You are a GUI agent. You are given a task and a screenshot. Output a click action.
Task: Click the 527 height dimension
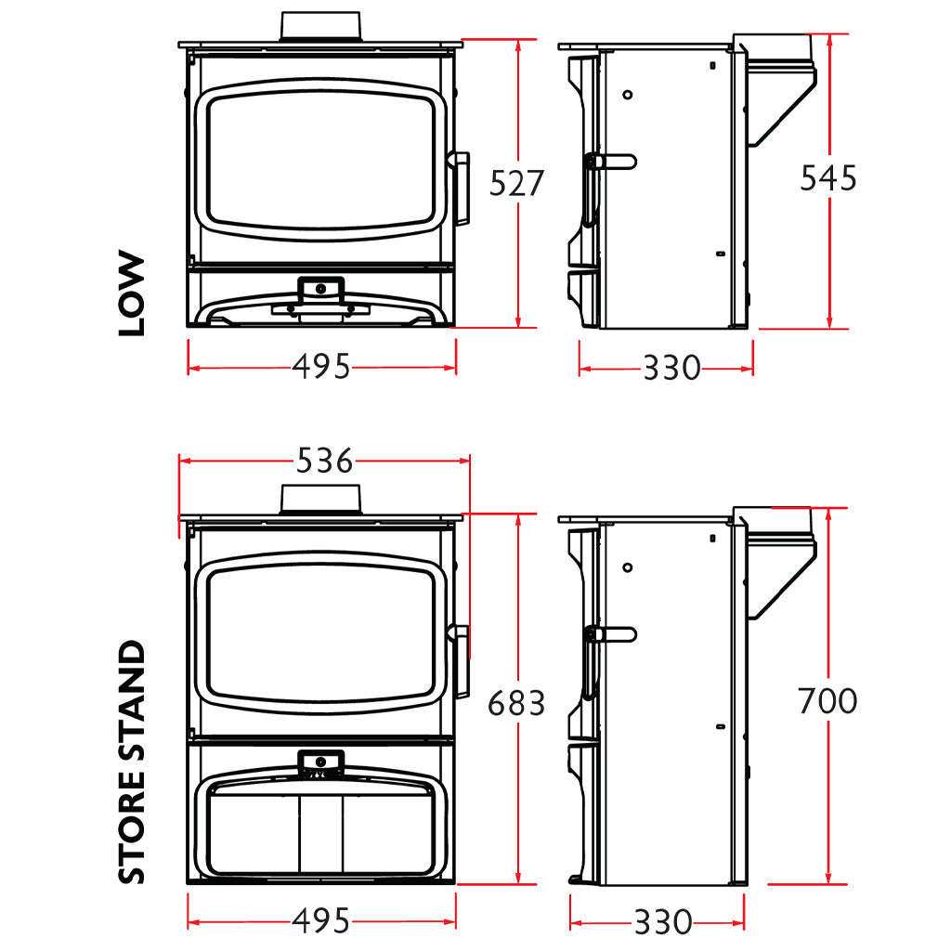coord(516,183)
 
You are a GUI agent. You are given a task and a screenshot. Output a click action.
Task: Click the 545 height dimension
coord(827,178)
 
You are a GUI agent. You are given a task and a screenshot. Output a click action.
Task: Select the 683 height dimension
coord(516,704)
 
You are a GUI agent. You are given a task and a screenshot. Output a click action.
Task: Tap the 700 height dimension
coord(827,701)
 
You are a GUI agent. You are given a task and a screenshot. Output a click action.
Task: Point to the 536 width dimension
coord(324,461)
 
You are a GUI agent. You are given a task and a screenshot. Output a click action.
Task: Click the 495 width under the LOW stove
coord(321,367)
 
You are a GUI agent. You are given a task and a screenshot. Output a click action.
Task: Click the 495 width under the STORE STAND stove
coord(321,921)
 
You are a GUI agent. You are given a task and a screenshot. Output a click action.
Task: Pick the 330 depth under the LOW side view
coord(671,368)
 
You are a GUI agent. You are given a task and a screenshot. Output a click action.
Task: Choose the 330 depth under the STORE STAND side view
coord(663,922)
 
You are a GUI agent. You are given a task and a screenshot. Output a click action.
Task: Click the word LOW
coord(132,293)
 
